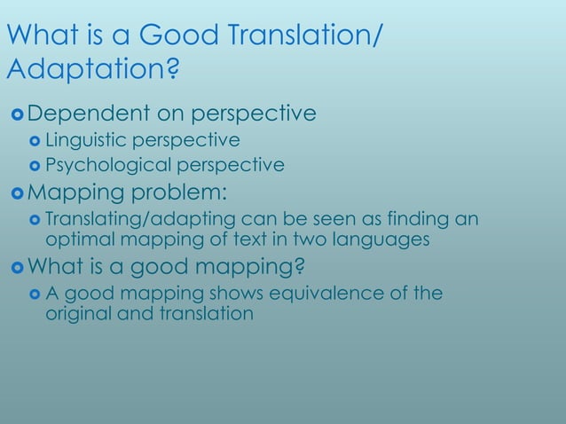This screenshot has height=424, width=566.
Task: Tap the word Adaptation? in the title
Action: tap(90, 69)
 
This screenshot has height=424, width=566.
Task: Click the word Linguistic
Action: tap(88, 140)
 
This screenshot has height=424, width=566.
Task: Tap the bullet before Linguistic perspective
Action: tap(35, 141)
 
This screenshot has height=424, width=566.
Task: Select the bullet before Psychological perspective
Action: tap(35, 166)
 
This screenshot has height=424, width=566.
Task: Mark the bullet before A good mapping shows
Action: tap(35, 294)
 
